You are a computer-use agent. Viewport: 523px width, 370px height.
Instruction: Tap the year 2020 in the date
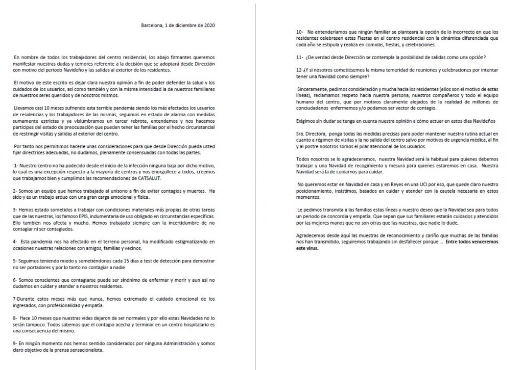coord(215,25)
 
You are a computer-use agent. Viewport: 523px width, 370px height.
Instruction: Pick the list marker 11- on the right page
coord(300,56)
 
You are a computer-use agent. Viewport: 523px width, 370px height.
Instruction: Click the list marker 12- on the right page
coord(300,69)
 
